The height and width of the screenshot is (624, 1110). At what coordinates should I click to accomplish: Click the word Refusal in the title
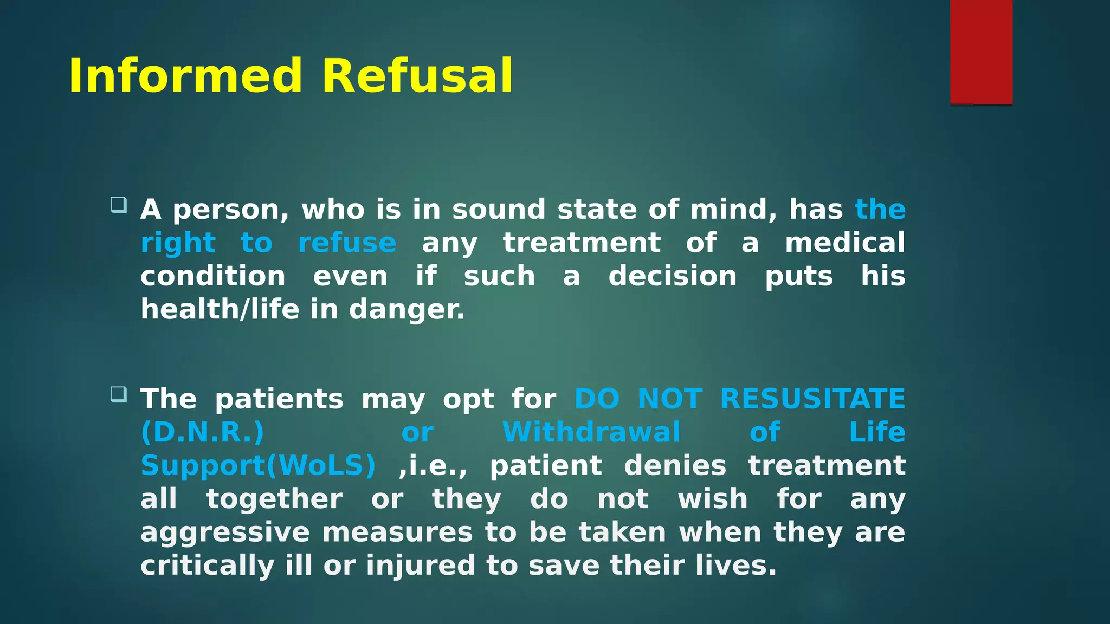[417, 76]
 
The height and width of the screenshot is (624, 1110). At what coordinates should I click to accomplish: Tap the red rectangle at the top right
[981, 52]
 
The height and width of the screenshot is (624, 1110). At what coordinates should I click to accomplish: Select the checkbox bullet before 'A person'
[118, 205]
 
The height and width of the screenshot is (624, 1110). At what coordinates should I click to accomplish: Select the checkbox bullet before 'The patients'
[118, 394]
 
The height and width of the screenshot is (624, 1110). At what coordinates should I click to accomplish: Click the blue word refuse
[347, 243]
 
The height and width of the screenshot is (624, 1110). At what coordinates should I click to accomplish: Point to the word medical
[845, 243]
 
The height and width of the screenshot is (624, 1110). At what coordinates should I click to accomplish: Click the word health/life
[220, 309]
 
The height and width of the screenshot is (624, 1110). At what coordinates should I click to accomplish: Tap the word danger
[406, 310]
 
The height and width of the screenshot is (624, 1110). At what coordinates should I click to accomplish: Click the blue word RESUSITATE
[812, 399]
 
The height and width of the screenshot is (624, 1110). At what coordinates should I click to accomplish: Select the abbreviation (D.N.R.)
[202, 433]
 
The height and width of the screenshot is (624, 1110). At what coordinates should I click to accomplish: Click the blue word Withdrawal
[591, 433]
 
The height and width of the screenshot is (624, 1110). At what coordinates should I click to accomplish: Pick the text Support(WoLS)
[258, 466]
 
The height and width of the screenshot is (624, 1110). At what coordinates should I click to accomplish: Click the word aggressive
[225, 533]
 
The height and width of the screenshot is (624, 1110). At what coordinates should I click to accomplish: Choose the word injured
[421, 566]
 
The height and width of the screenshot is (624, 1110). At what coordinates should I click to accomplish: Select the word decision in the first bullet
[673, 276]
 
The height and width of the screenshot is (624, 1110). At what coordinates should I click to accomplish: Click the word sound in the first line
[499, 210]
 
